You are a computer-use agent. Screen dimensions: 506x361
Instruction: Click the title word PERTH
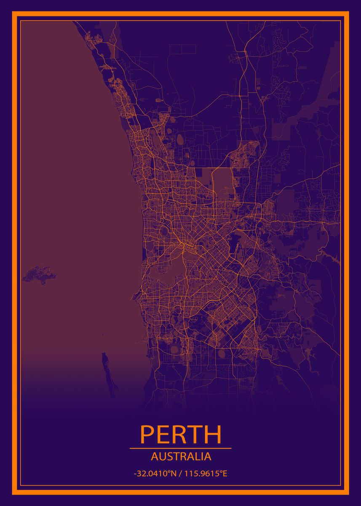coord(180,435)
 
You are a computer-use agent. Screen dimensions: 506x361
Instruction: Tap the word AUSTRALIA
coord(181,457)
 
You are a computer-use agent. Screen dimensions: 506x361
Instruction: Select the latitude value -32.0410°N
coord(154,474)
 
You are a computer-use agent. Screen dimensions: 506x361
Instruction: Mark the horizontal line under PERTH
coord(180,448)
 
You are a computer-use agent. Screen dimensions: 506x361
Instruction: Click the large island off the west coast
coord(39,274)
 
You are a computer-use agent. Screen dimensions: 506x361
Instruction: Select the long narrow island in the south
coord(105,363)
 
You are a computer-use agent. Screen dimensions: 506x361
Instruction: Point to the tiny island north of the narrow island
coord(102,336)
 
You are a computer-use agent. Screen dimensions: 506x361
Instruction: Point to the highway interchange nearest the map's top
coord(244,51)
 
